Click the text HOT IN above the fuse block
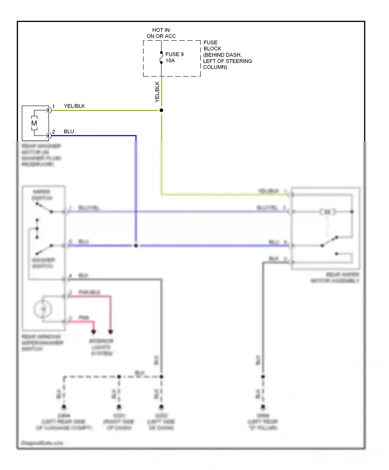point(161,30)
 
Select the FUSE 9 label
point(174,54)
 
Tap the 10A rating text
point(170,61)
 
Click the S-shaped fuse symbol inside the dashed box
point(161,58)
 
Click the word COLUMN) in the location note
point(215,67)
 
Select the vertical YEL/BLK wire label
point(157,92)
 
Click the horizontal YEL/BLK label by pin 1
point(74,106)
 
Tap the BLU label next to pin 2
point(69,132)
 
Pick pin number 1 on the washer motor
point(53,106)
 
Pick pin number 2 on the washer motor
point(53,132)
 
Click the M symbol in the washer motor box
point(34,123)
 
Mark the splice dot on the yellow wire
point(161,110)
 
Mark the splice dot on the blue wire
point(136,245)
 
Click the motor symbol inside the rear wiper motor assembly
point(328,212)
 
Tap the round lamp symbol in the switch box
point(43,309)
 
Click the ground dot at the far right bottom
point(263,407)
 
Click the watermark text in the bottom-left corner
point(42,443)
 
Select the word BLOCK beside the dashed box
point(212,49)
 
